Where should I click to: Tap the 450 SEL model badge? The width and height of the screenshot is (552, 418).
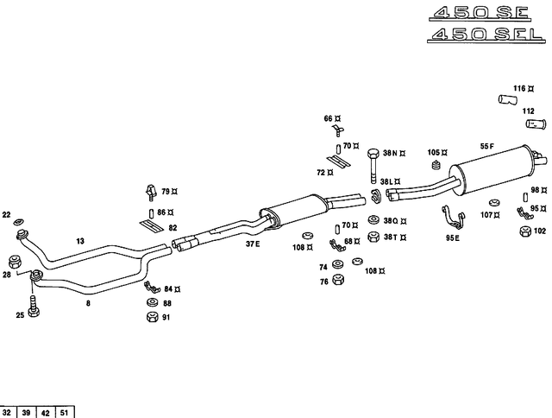coord(484,35)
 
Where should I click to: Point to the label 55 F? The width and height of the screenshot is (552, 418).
coord(488,146)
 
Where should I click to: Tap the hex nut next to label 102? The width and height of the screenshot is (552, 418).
coord(525,231)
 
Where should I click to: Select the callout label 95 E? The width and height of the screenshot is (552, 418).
coord(452,237)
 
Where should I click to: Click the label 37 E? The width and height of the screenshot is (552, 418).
coord(252,244)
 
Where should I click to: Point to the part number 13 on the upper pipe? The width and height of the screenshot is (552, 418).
coord(80,242)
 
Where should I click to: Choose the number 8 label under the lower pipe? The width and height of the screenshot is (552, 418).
coord(87,303)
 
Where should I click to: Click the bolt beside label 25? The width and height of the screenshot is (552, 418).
coord(34,307)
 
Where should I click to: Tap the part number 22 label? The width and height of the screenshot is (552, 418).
coord(7,214)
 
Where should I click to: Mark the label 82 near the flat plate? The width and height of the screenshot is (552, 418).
coord(172,228)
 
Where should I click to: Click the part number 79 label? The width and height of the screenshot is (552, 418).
coord(166,191)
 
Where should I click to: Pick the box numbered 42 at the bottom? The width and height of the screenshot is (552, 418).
coord(46,411)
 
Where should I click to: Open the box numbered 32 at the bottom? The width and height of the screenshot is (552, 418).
coord(9,411)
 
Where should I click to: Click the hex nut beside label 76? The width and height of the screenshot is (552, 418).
coord(338,281)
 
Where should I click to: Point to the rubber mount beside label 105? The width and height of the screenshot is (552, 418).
coord(436,165)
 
